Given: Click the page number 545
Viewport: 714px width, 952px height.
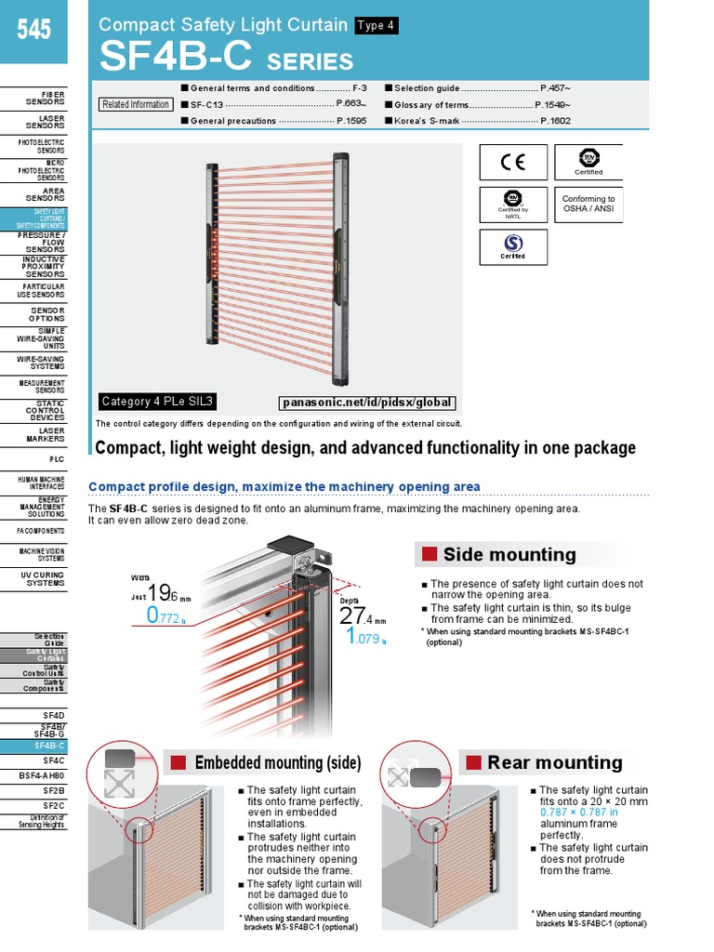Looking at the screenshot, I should point(33,31).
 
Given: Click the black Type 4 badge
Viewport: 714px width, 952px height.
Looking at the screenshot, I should point(376,26).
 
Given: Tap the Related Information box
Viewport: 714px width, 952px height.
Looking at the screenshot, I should point(136,104).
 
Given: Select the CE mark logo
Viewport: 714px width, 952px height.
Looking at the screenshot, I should point(513,163).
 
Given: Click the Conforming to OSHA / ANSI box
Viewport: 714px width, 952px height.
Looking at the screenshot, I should point(588,205).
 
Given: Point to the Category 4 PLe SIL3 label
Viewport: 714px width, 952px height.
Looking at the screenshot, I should point(157,402).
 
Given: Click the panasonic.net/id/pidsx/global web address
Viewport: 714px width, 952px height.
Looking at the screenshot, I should point(367,403).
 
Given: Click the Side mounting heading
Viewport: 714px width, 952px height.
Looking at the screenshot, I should point(509,555).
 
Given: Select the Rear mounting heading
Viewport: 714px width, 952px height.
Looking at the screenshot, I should point(554,762).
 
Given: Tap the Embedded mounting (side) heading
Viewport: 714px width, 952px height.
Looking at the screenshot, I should point(277,763).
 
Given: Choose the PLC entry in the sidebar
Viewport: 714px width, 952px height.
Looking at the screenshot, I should point(56,459).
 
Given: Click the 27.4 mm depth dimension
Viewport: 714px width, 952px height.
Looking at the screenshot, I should point(357,616).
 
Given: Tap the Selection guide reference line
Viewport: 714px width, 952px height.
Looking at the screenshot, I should point(476,88).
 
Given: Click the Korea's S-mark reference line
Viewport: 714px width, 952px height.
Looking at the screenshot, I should point(476,121).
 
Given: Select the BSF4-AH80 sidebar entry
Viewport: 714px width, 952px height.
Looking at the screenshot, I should point(42,774).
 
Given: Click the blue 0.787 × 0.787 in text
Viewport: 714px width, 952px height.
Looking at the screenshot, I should point(579,812).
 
